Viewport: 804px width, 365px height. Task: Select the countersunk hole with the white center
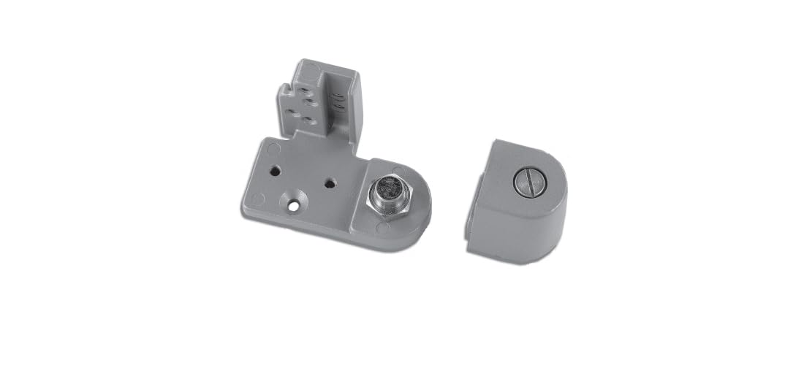coord(294,207)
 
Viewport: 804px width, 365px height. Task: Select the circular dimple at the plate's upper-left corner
coord(272,147)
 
